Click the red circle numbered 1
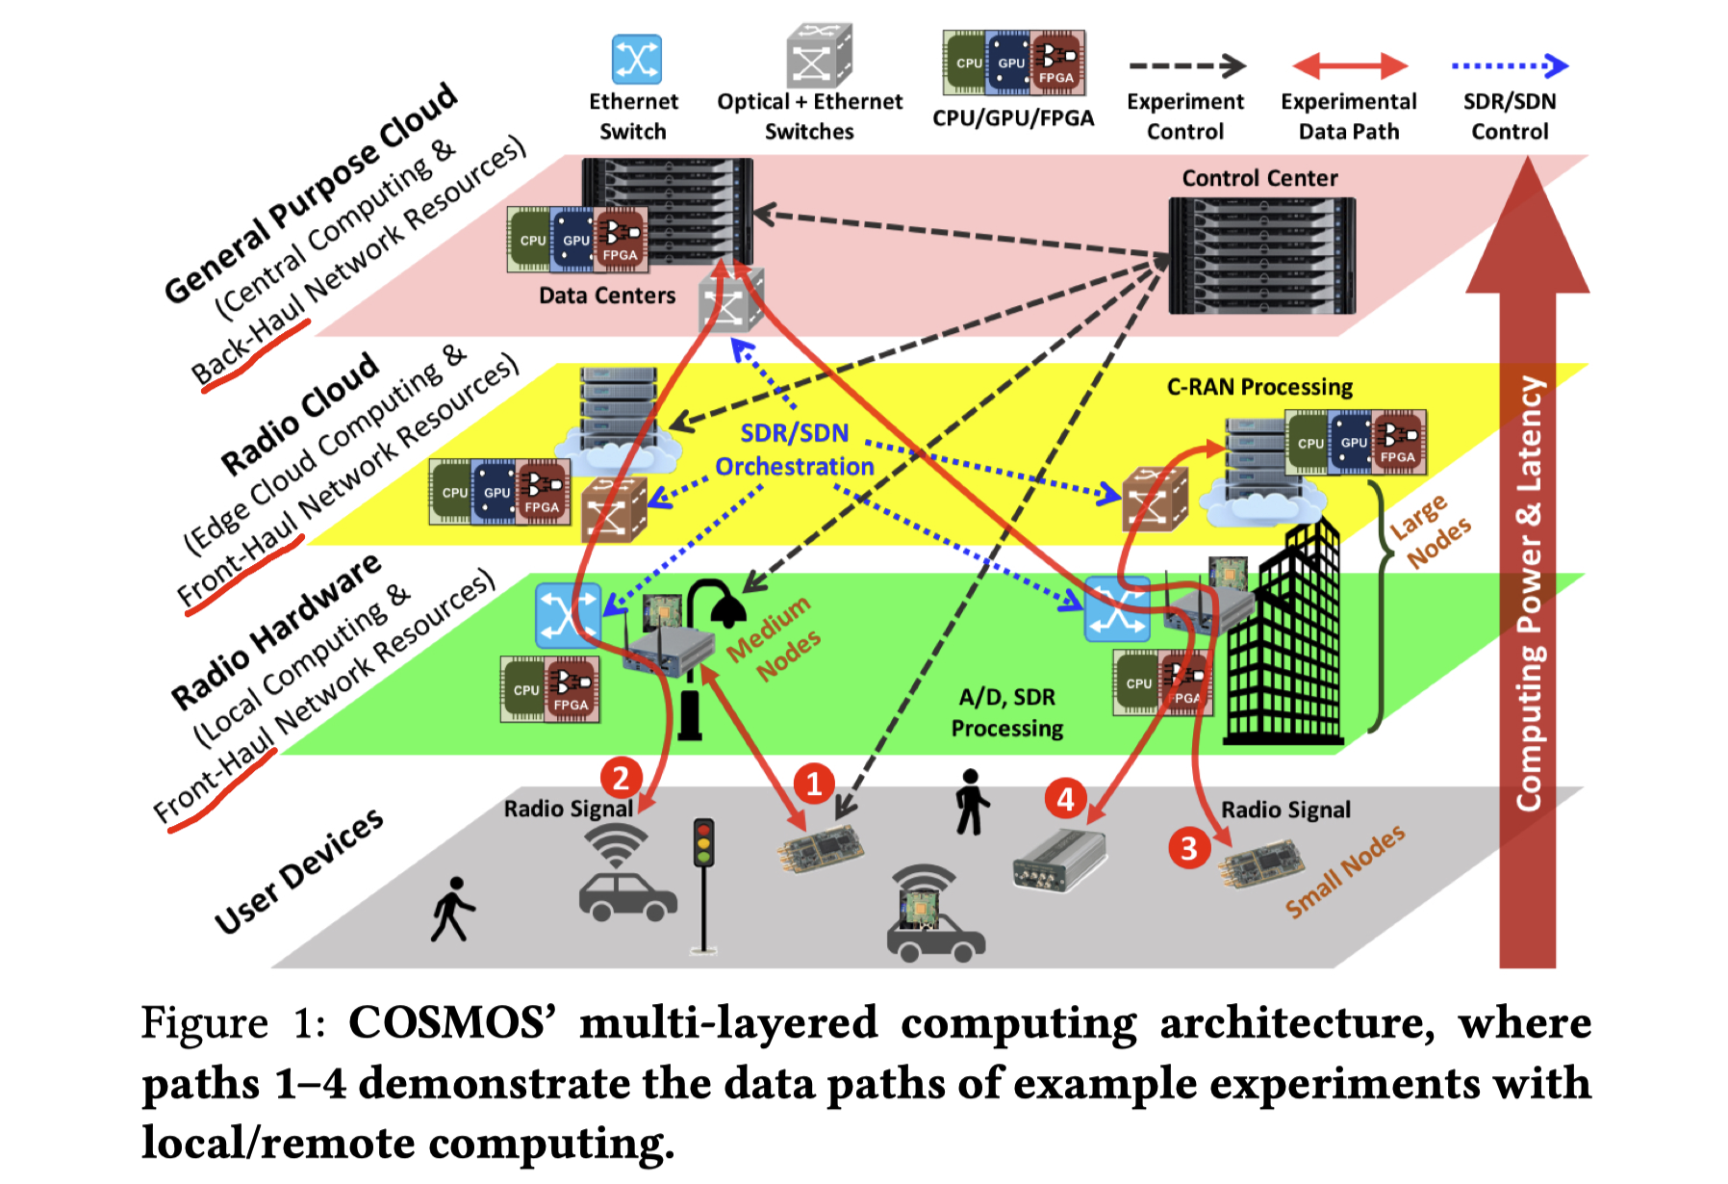814,784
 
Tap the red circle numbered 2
621,777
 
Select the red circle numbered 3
1189,848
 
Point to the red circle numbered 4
1065,799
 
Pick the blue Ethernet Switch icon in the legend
636,60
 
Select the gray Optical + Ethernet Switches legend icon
818,58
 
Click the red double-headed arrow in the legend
1349,66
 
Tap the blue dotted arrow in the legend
1510,65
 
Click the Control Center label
1259,178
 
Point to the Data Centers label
607,296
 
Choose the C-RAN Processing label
1259,387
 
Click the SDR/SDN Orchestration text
795,450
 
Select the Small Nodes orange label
1345,870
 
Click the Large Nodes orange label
1430,531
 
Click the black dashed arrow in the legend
1186,66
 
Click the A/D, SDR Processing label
1007,712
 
